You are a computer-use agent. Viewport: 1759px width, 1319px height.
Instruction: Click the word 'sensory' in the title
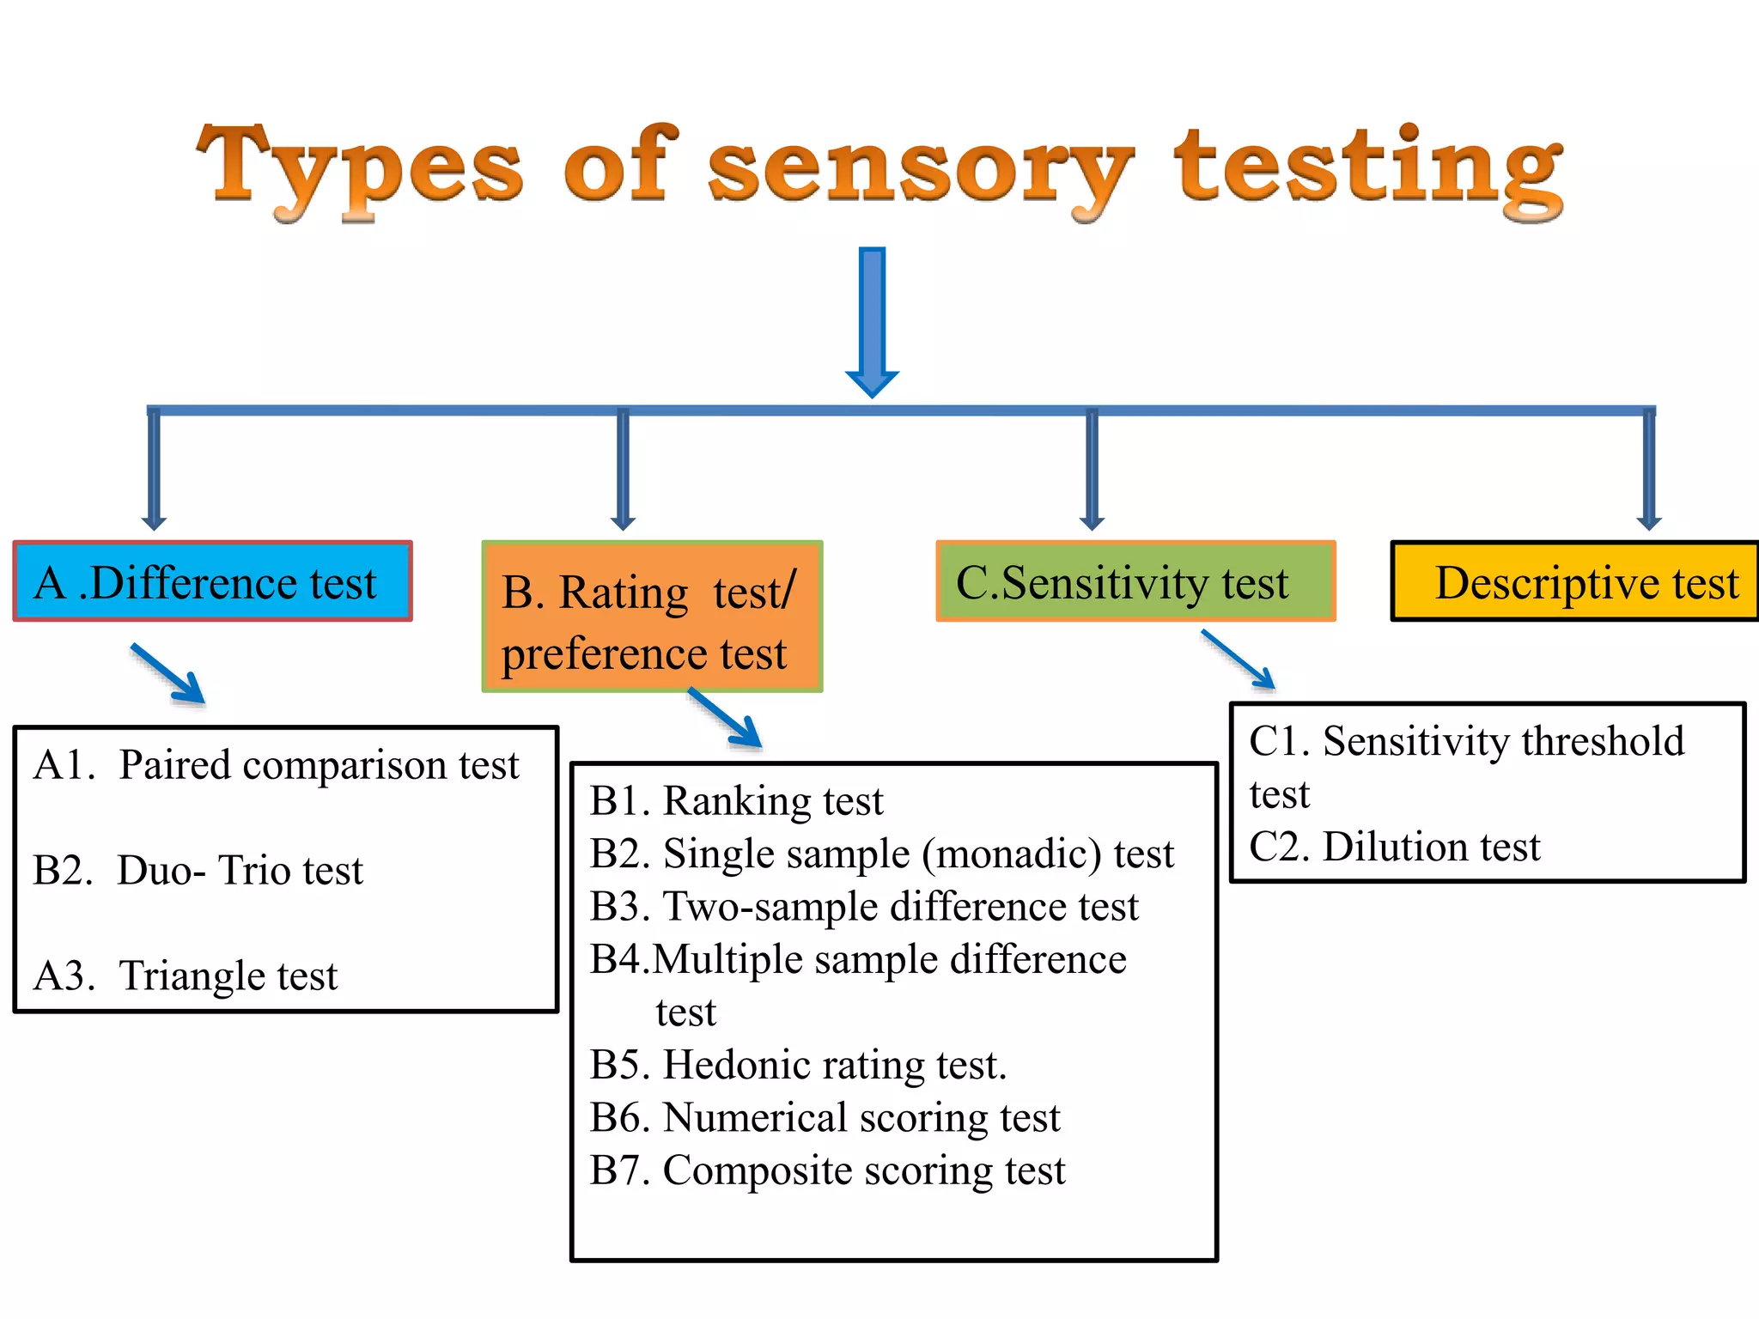pyautogui.click(x=919, y=167)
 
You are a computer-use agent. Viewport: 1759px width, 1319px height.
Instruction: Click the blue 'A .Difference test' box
pyautogui.click(x=212, y=582)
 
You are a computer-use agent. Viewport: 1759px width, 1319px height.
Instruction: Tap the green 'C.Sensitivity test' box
pyautogui.click(x=1135, y=582)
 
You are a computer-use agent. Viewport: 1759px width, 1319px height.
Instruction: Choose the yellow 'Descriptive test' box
pyautogui.click(x=1574, y=582)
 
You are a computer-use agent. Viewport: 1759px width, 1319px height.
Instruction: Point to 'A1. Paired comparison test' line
pyautogui.click(x=277, y=764)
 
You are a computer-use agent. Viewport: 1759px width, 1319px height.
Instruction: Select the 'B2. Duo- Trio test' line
pyautogui.click(x=198, y=870)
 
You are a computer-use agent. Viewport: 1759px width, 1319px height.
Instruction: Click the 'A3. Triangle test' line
pyautogui.click(x=186, y=976)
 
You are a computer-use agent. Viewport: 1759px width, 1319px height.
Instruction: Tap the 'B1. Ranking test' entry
pyautogui.click(x=736, y=800)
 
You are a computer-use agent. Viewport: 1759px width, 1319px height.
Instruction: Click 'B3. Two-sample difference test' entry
pyautogui.click(x=864, y=907)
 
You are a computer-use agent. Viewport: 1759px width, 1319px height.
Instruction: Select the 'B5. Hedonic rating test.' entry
pyautogui.click(x=798, y=1065)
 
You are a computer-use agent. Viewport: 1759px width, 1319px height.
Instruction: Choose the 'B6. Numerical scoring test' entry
pyautogui.click(x=825, y=1118)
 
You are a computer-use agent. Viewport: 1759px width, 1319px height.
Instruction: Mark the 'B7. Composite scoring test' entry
pyautogui.click(x=827, y=1170)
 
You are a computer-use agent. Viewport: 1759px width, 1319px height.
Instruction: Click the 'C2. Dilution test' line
pyautogui.click(x=1394, y=847)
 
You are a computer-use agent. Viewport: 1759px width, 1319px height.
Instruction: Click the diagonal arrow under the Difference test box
pyautogui.click(x=169, y=674)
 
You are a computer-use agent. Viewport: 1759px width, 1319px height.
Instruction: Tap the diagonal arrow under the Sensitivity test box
pyautogui.click(x=1238, y=659)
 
